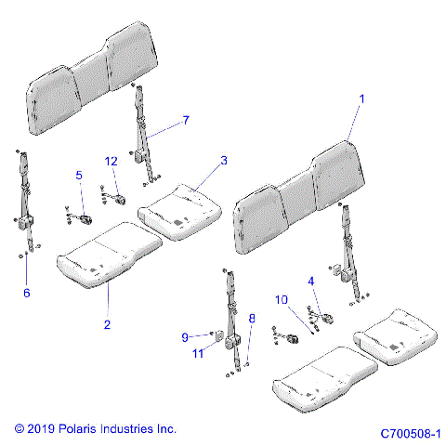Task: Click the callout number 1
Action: tap(362, 98)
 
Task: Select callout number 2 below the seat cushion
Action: tap(108, 324)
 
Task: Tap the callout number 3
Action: tap(223, 162)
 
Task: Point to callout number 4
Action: tap(311, 281)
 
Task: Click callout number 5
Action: tap(79, 175)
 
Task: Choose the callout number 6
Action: tap(26, 294)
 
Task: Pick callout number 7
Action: tap(185, 120)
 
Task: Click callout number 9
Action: tap(185, 336)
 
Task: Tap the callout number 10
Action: tap(282, 299)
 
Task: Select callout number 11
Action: tap(199, 354)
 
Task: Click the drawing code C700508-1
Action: tap(411, 433)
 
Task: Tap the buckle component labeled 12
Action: tap(119, 196)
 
